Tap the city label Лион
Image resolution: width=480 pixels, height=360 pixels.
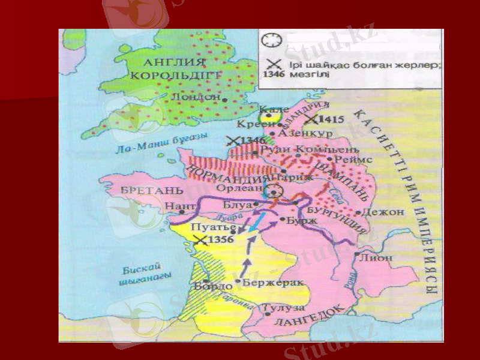point(377,257)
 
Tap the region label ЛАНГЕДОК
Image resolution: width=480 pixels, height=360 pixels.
point(309,317)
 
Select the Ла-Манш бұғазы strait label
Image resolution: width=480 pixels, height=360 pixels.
point(159,143)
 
